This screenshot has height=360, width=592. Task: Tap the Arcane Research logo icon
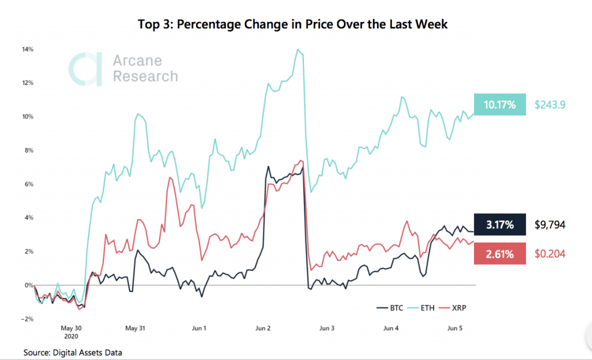[85, 69]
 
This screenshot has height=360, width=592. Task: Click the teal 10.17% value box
[499, 105]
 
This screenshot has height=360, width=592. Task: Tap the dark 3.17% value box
[499, 225]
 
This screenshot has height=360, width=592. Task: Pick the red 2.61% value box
[499, 254]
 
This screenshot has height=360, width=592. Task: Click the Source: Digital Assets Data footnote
[73, 352]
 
